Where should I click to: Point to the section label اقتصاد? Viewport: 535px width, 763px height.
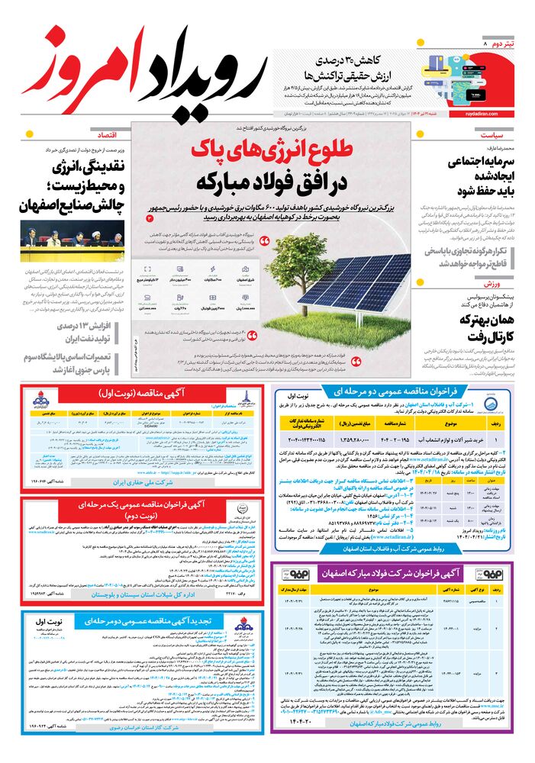105,135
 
